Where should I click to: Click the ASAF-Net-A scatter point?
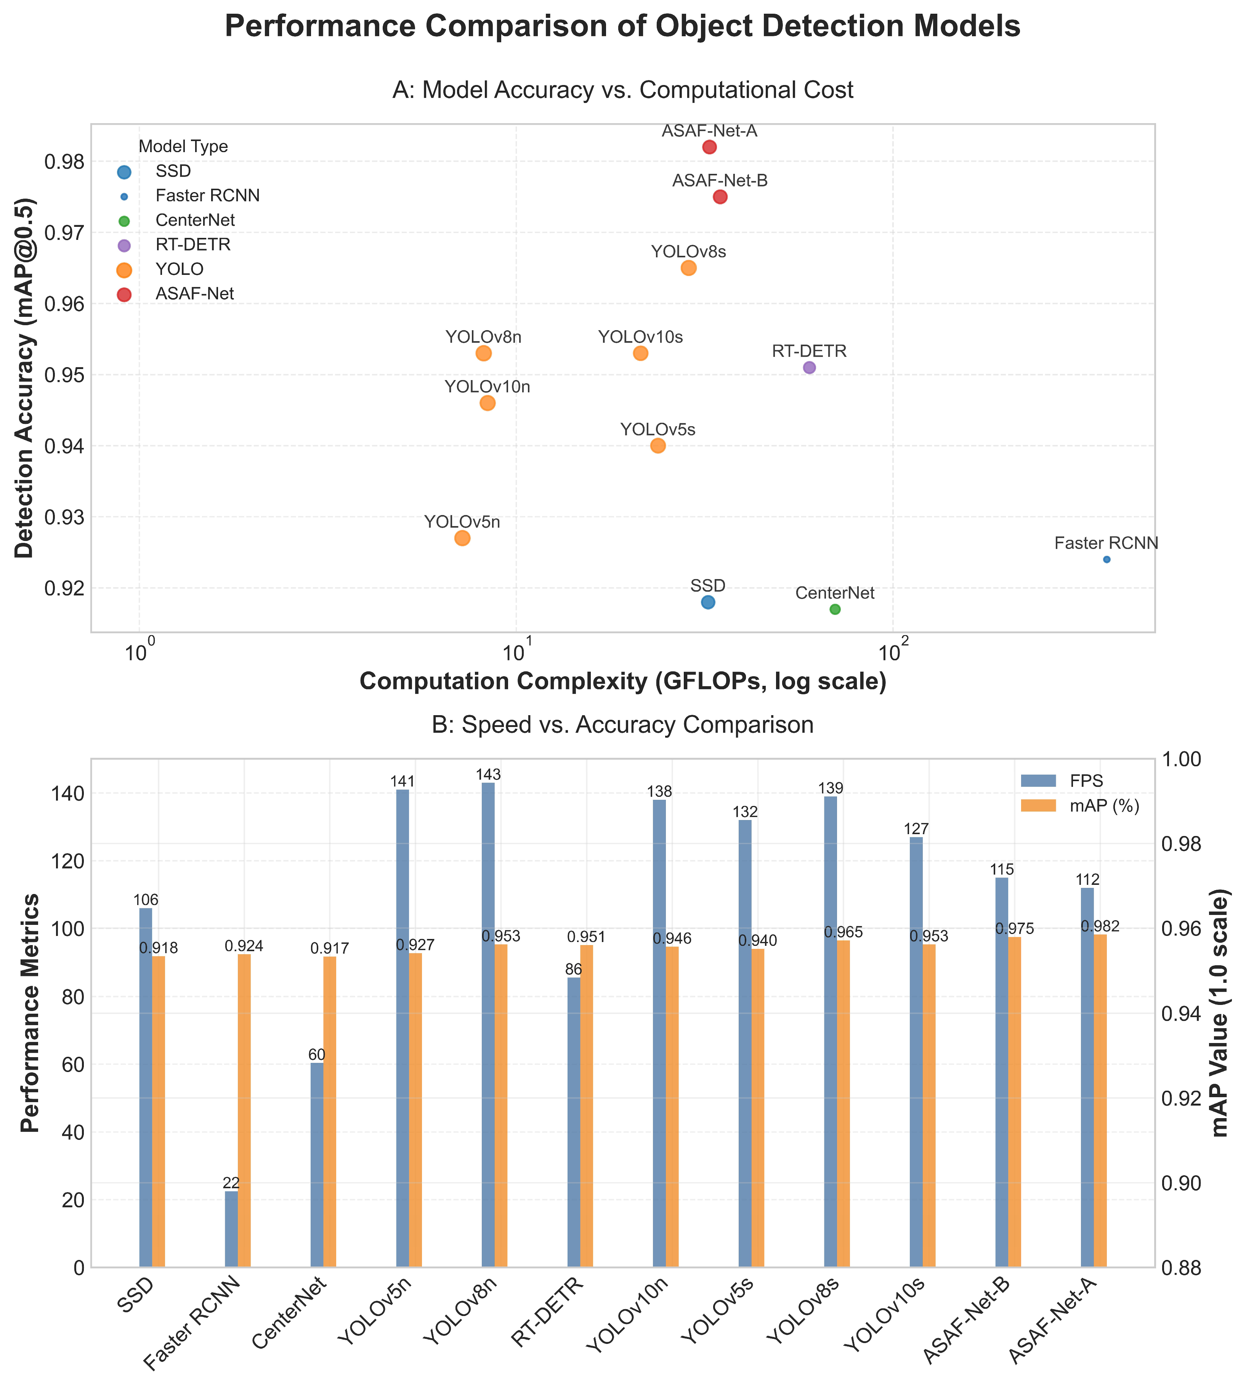[x=709, y=147]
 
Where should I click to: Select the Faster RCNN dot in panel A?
[x=1107, y=559]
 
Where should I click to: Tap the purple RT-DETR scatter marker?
[x=809, y=368]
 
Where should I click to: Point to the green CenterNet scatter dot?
[x=835, y=609]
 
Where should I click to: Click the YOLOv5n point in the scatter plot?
[x=462, y=538]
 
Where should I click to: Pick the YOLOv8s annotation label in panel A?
[x=689, y=252]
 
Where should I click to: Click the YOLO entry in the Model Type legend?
[x=180, y=269]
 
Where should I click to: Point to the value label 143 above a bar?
[x=489, y=775]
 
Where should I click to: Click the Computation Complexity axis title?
[x=622, y=682]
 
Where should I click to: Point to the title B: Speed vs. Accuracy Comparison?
[x=622, y=725]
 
